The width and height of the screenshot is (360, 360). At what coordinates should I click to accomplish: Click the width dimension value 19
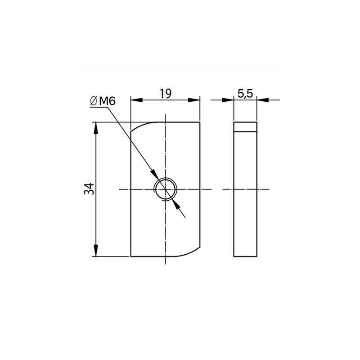click(x=166, y=94)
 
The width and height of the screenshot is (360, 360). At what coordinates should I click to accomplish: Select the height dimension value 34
click(x=89, y=189)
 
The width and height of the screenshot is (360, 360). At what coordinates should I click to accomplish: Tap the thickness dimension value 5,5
click(x=245, y=94)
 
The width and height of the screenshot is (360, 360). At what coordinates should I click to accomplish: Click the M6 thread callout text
click(x=107, y=101)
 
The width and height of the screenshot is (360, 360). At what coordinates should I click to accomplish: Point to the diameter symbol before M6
click(x=94, y=101)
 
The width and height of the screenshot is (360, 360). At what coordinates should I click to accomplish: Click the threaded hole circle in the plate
click(x=165, y=179)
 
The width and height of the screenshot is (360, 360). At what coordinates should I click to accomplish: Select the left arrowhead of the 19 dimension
click(x=136, y=100)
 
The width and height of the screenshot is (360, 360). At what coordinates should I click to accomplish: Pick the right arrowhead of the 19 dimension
click(x=194, y=100)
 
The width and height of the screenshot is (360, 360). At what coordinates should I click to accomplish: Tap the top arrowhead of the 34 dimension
click(x=96, y=128)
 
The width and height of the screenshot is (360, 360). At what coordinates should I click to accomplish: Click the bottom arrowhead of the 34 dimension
click(x=96, y=251)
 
